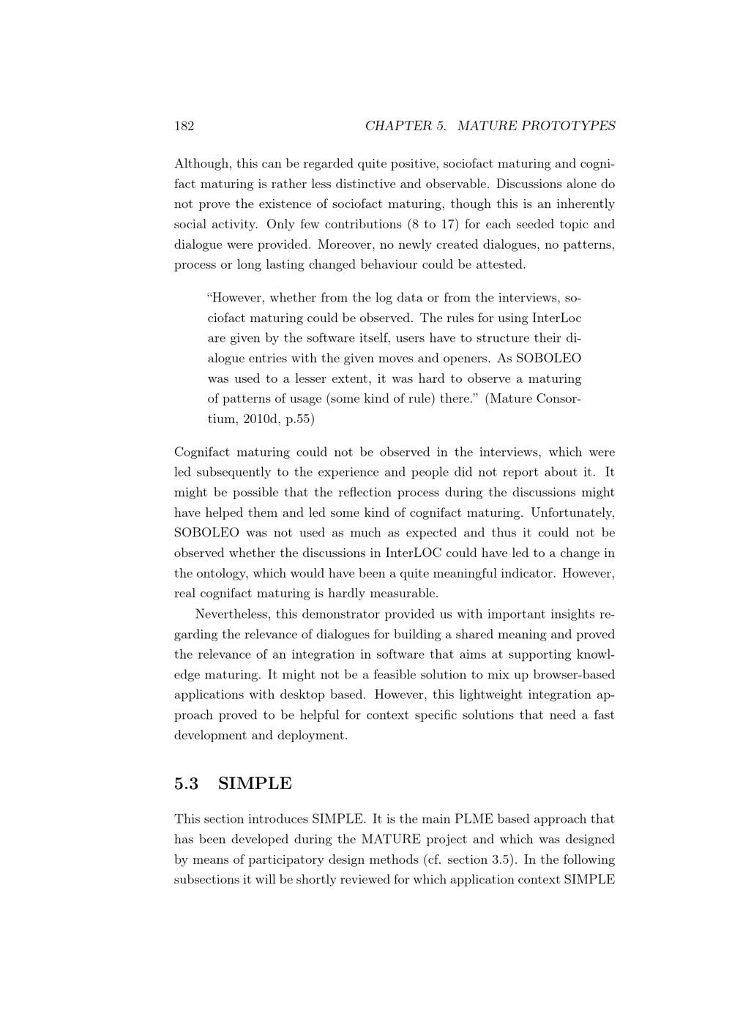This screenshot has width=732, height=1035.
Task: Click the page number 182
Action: tap(184, 126)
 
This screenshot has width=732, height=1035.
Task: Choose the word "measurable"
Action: tap(406, 593)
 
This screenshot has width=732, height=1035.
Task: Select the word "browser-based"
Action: tap(575, 674)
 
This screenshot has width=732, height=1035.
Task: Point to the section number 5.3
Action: tap(187, 783)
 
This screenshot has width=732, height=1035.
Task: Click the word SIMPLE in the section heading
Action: tap(255, 783)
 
